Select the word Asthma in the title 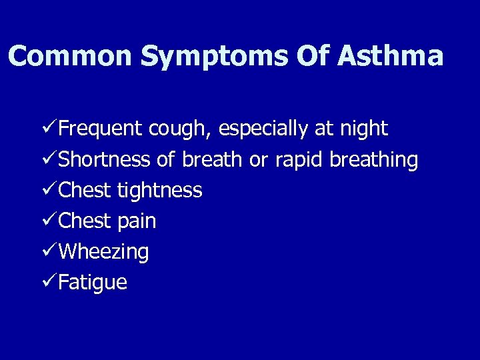(390, 56)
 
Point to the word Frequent (101, 129)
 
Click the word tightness (159, 191)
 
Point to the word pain (137, 222)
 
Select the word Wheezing (103, 253)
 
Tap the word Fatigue (93, 283)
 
